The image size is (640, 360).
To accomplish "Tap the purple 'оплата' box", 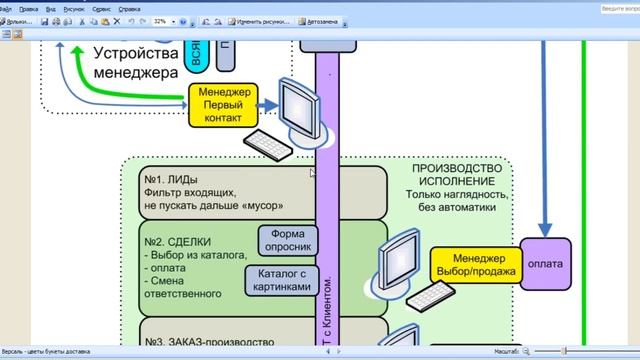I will [545, 264].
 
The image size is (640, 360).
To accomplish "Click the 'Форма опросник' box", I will [288, 240].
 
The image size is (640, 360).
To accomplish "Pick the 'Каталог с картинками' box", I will [288, 280].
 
